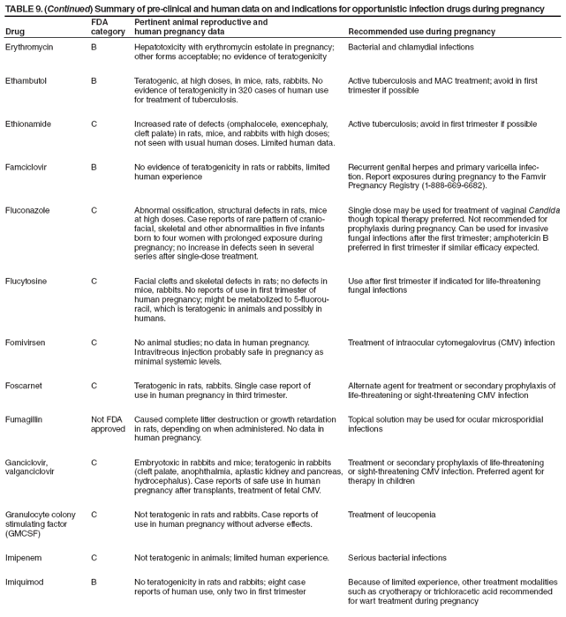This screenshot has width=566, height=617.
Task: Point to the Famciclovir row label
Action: [28, 167]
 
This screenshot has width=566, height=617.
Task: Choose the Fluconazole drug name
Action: [28, 210]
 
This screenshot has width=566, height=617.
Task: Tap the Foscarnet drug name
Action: [26, 385]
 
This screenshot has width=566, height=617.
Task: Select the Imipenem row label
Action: [25, 558]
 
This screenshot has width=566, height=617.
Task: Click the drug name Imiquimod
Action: [26, 583]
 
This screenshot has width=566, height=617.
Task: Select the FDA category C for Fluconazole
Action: [94, 210]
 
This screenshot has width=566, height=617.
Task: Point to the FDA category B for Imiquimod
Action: [94, 583]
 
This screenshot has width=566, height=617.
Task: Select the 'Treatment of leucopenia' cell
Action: [392, 515]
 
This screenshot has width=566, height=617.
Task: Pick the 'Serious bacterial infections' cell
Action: [396, 558]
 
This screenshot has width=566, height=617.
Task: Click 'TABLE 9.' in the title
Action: [25, 8]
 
